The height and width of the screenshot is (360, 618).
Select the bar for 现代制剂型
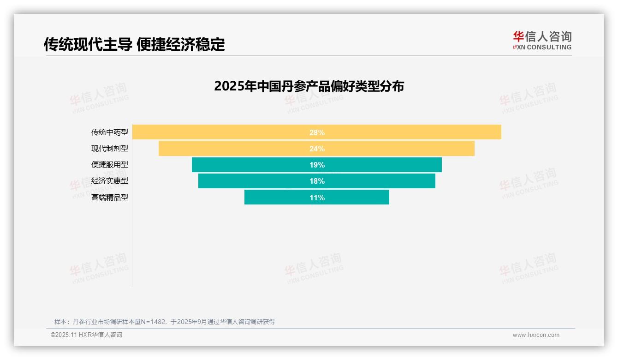click(231, 149)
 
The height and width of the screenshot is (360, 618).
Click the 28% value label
click(317, 132)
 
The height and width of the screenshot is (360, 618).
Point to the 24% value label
click(317, 149)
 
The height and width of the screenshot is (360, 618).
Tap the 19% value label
click(317, 165)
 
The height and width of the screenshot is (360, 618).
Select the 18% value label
click(317, 181)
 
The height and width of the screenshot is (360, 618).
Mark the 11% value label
click(317, 198)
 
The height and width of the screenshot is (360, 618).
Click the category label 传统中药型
click(110, 132)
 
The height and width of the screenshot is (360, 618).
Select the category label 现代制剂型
click(110, 149)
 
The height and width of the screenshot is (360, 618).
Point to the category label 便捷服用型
click(110, 165)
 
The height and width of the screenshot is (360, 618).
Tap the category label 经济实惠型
click(110, 181)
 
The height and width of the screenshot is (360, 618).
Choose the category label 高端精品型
click(110, 198)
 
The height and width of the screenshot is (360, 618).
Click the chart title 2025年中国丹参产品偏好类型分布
click(309, 86)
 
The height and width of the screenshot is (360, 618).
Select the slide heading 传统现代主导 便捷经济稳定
click(134, 44)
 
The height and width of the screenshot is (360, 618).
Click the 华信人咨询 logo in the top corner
click(542, 40)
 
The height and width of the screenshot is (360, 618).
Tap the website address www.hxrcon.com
click(536, 335)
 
